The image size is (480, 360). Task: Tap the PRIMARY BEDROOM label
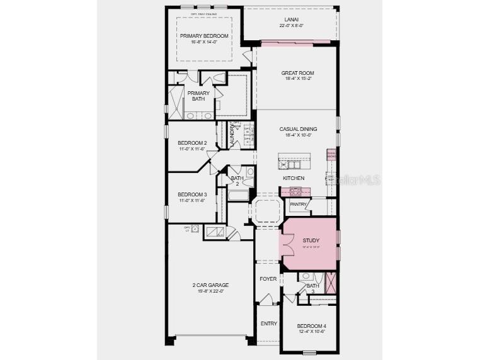204,36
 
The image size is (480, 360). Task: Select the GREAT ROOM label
297,73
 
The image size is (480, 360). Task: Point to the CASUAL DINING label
297,129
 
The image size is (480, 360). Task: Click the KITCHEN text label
294,178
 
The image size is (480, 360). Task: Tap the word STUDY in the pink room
311,240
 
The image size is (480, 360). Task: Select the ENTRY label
268,323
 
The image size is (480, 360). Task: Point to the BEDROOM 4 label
312,326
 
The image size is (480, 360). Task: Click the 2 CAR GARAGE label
210,285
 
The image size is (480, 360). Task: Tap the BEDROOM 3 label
191,194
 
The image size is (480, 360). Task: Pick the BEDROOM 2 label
191,143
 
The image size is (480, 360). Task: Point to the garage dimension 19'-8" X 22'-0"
210,291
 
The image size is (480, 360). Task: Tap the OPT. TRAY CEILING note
204,13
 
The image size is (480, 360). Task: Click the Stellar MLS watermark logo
356,180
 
